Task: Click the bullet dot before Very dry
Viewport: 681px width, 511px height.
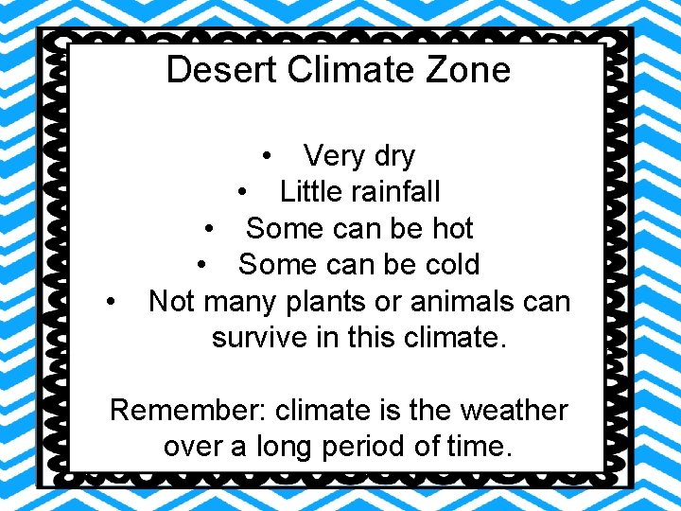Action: coord(270,155)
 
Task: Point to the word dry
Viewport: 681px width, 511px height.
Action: coord(390,155)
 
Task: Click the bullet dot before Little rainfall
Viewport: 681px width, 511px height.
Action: coord(244,192)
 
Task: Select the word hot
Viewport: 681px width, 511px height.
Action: coord(452,228)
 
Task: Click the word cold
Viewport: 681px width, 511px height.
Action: coord(447,265)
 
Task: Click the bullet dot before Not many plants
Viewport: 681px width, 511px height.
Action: coord(113,303)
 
